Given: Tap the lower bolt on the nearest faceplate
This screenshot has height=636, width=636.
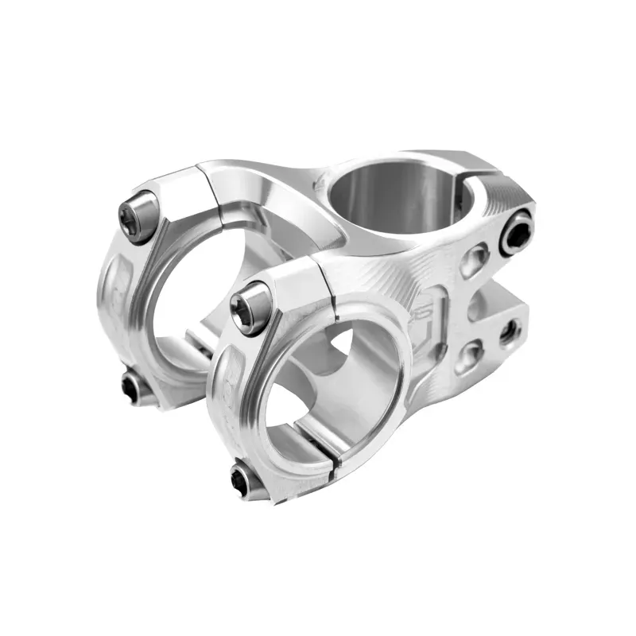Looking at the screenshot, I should pyautogui.click(x=244, y=479).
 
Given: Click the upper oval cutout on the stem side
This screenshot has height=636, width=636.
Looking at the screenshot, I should pyautogui.click(x=475, y=260).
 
